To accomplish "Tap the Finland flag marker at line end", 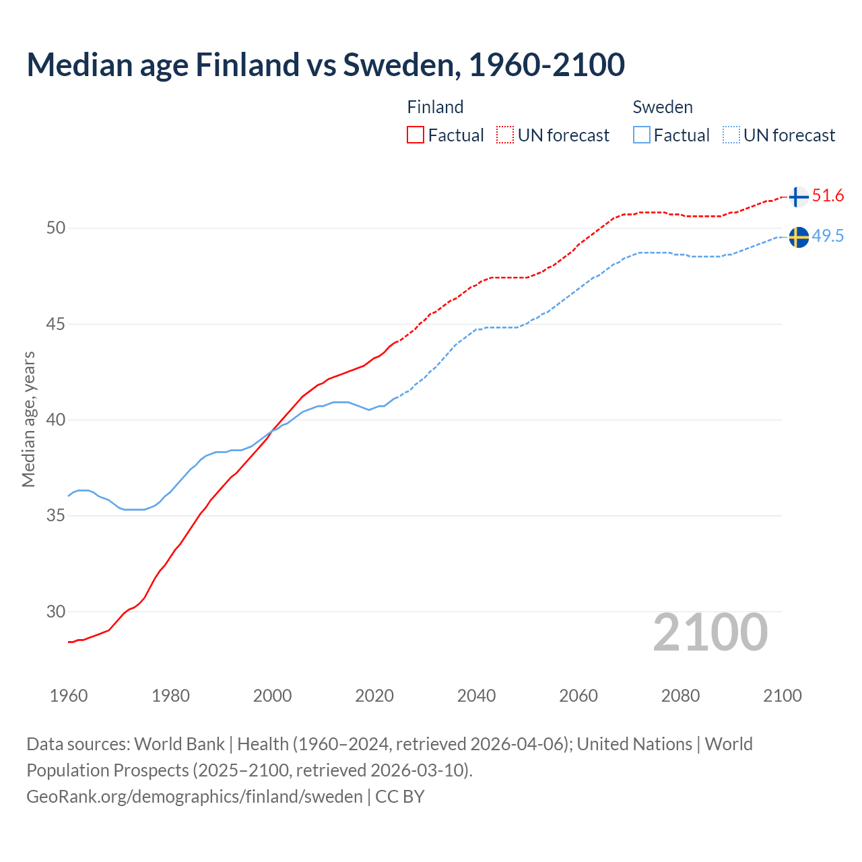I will click(x=798, y=197).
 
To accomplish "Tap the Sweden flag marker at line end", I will click(x=798, y=237).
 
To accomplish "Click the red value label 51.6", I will click(x=828, y=196).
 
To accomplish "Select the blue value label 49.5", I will click(x=828, y=236).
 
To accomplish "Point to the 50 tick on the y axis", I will click(x=56, y=228).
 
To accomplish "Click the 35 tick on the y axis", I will click(x=56, y=516).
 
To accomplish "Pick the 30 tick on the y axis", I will click(x=56, y=612).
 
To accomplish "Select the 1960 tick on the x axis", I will click(x=69, y=696).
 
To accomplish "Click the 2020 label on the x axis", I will click(x=374, y=696).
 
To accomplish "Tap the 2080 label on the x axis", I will click(x=680, y=696).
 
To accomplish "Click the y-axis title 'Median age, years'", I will click(x=28, y=419).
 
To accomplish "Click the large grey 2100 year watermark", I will click(x=710, y=632).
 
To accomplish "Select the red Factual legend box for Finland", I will click(x=416, y=135).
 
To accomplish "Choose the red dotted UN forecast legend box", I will click(x=505, y=135).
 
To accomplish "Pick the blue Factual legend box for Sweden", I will click(x=642, y=135).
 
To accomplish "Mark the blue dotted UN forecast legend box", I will click(x=731, y=135).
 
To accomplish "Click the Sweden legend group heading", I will click(x=663, y=107).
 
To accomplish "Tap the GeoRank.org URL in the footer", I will click(x=195, y=797).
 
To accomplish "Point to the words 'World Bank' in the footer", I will click(x=179, y=744).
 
